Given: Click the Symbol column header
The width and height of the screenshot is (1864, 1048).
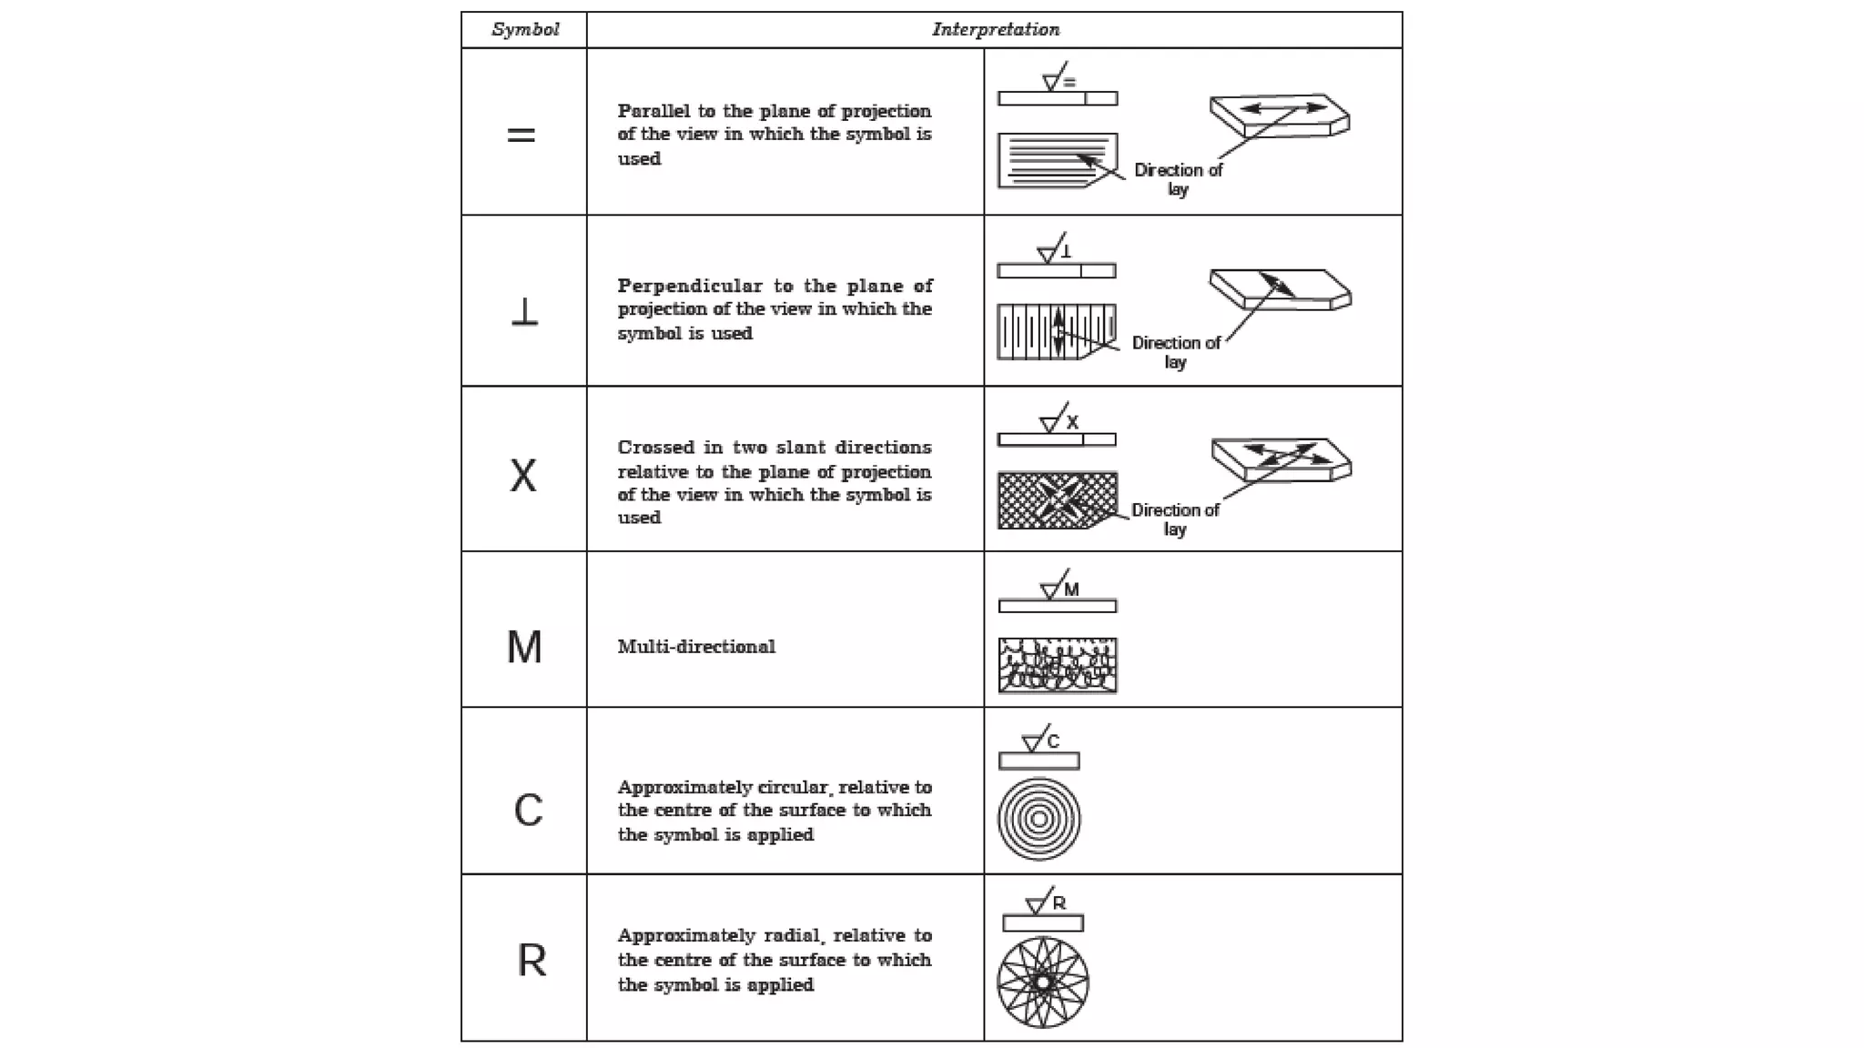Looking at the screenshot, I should point(525,29).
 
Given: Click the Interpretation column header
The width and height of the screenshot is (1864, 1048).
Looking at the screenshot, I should point(996,29).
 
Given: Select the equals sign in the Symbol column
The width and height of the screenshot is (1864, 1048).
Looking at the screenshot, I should point(521,136).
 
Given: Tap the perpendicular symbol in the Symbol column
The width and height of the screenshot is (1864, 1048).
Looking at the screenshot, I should point(524,312).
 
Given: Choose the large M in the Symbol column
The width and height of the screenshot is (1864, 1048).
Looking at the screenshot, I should point(524,648).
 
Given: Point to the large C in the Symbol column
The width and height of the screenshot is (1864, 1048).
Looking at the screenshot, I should point(528,810).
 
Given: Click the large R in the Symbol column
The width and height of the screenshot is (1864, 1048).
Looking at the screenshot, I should point(532,961).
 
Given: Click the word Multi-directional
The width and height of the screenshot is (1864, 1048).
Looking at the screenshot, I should point(696,647).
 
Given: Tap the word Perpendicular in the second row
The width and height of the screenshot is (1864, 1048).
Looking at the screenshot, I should point(690,286).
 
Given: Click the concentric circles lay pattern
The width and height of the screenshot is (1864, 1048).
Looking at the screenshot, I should point(1038,819).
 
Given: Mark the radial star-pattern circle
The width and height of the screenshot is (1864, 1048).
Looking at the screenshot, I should point(1043,982).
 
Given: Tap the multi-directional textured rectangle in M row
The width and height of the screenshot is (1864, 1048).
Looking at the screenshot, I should point(1058,665).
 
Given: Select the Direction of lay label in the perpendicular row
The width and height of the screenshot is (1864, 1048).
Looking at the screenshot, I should point(1176,352).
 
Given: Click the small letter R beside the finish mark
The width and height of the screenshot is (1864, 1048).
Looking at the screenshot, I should point(1059,903).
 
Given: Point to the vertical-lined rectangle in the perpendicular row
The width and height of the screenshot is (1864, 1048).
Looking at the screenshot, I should point(1056,331).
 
